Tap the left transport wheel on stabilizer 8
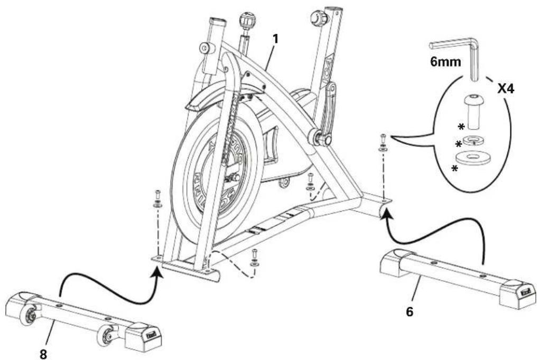29,317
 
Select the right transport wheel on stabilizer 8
107,334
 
